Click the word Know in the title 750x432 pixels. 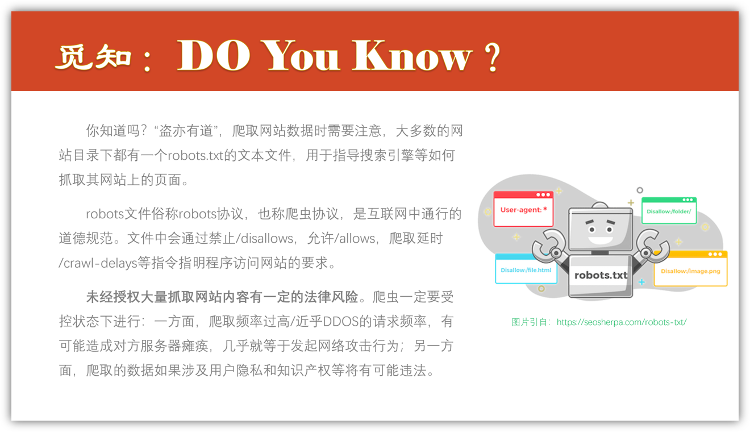tap(412, 55)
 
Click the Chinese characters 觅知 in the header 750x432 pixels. tap(93, 57)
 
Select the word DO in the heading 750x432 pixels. tap(214, 55)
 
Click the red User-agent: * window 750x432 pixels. tap(523, 209)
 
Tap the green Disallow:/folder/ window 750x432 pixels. tap(669, 211)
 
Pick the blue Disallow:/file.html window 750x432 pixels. tap(526, 269)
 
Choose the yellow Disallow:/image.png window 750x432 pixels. tap(690, 268)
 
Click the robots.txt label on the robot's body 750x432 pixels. tap(601, 275)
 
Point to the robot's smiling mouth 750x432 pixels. tap(601, 240)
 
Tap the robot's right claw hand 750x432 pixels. tap(652, 246)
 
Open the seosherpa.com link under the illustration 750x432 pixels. tap(622, 322)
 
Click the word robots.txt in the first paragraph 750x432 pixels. tap(195, 156)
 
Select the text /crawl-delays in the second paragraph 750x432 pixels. tap(98, 263)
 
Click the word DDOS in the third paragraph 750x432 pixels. tap(340, 322)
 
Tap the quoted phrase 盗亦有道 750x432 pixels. tap(186, 131)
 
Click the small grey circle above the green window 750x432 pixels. tap(640, 190)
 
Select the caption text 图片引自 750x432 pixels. tap(529, 322)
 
